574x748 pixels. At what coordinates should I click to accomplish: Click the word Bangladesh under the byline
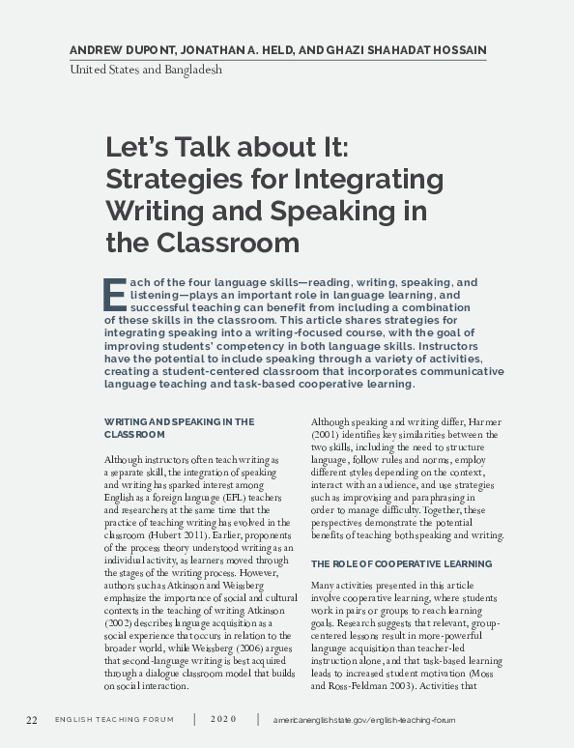[190, 71]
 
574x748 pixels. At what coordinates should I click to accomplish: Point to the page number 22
[32, 721]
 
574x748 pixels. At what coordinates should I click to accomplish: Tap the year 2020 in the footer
[223, 721]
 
